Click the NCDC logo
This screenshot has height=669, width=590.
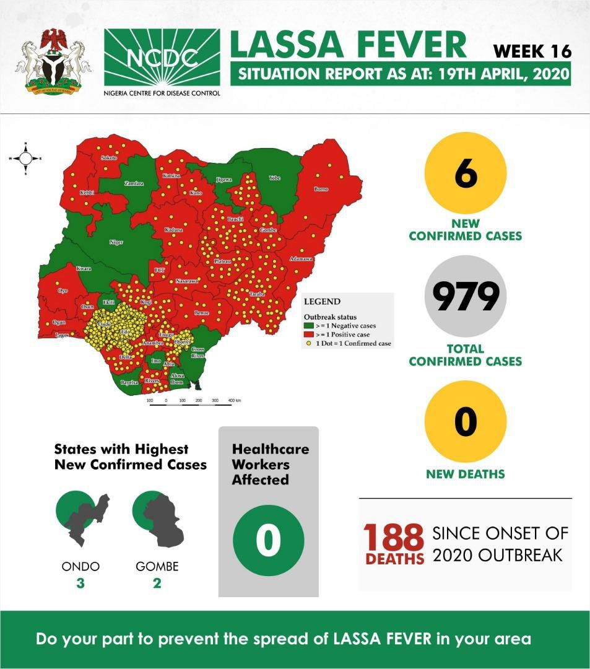162,58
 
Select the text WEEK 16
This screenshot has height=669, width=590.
532,51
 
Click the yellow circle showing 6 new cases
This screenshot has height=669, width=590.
466,173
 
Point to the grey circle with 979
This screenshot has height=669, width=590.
466,296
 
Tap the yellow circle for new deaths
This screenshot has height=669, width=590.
466,422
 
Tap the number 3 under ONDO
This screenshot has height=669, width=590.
80,583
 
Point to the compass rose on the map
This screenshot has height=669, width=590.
25,159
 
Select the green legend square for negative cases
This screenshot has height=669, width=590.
308,325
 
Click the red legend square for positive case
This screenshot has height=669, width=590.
308,334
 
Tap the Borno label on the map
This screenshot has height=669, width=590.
321,189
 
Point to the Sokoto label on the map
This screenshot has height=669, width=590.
109,159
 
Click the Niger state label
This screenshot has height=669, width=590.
116,242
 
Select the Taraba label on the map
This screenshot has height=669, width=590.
256,294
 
